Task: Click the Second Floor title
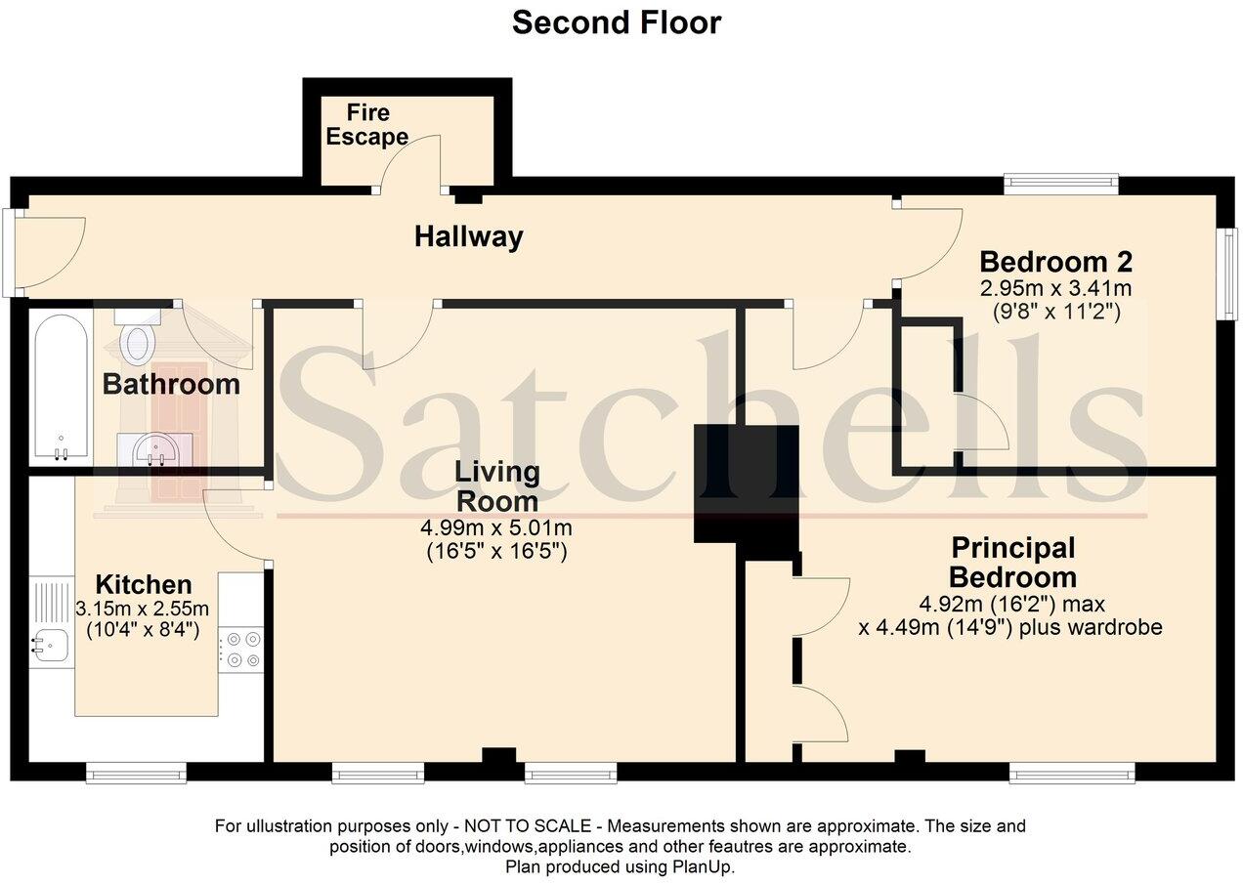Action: point(617,23)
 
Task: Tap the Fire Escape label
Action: point(367,125)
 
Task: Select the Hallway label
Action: point(469,236)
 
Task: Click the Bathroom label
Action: point(171,384)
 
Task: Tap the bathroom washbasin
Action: point(155,449)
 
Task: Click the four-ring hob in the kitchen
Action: point(240,650)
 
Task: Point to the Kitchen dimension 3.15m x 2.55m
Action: point(142,609)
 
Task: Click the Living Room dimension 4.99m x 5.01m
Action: point(496,527)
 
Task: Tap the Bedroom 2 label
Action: point(1055,262)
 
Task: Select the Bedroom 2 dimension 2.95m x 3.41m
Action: point(1055,288)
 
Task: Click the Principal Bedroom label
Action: point(1013,563)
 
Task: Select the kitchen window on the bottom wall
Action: point(136,773)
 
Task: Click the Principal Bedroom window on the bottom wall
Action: point(1072,773)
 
